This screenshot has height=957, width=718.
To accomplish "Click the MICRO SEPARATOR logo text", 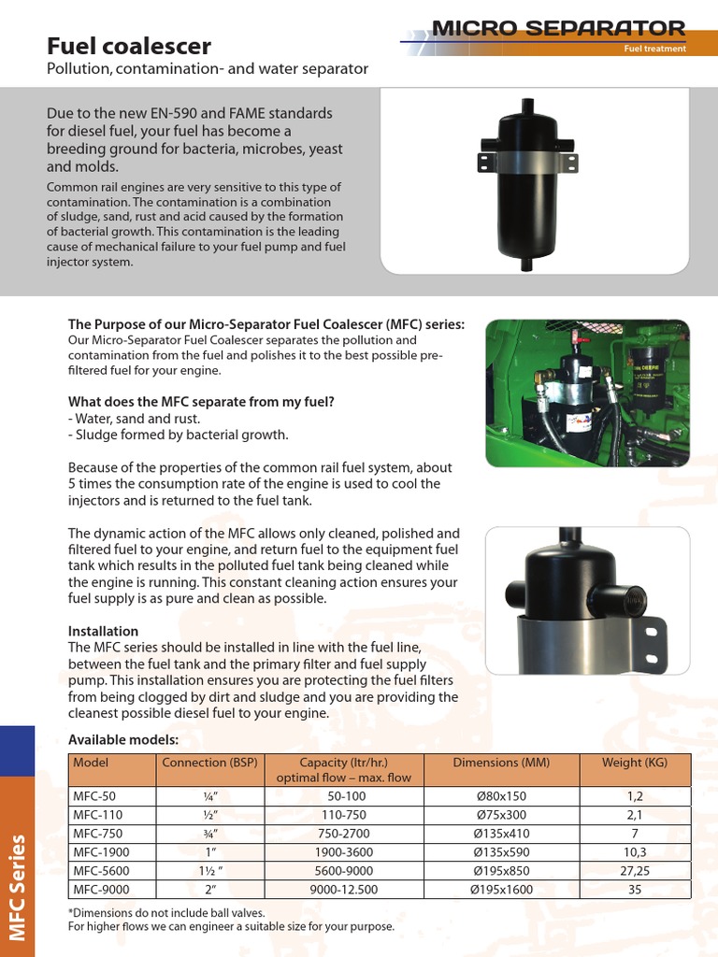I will pos(558,28).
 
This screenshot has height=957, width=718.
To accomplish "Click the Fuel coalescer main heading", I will pos(129,46).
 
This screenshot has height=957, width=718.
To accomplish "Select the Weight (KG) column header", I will pos(635,763).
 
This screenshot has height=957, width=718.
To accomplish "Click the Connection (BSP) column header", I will pos(209,763).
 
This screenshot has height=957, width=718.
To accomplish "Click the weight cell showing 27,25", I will pos(635,871).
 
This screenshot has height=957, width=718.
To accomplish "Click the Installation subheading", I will pos(103,631).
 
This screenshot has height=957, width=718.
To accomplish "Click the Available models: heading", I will pos(123,740).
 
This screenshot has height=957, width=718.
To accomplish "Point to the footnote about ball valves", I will pos(166,912).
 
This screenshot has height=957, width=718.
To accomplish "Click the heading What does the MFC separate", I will pos(201,402).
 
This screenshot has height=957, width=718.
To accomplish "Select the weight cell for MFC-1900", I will pos(635,852).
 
